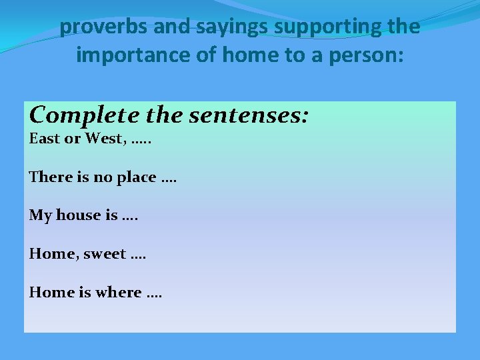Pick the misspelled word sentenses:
[x=249, y=115]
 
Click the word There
[x=47, y=177]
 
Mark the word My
[x=40, y=215]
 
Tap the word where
[x=117, y=292]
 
